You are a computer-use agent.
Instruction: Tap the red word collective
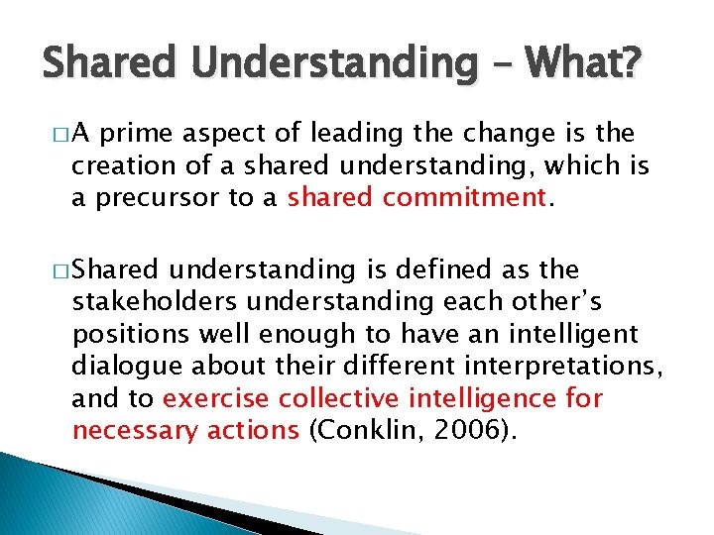pos(339,398)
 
